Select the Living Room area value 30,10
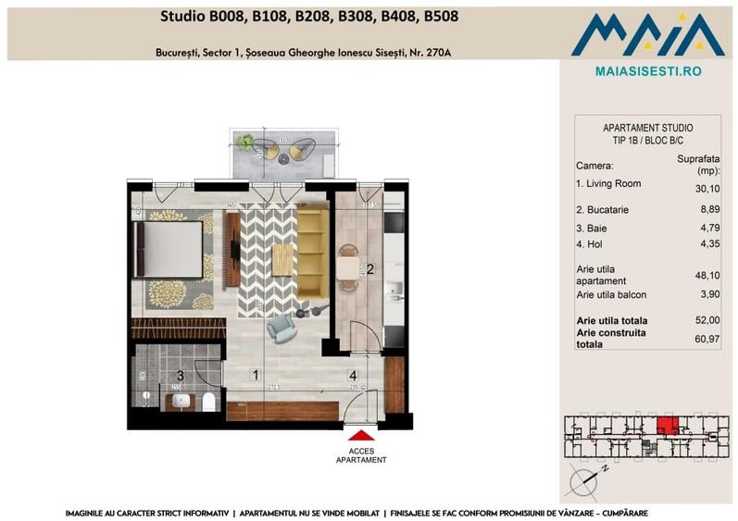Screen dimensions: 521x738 coord(707,189)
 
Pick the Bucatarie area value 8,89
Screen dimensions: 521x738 coord(708,210)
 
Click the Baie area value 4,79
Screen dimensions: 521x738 coord(708,229)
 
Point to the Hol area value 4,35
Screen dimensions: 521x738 coord(708,247)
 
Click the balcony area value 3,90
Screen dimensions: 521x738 coord(708,295)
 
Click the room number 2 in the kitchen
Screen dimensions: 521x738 coord(369,270)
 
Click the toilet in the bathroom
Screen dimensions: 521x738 coord(208,401)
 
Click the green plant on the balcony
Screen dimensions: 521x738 coord(245,143)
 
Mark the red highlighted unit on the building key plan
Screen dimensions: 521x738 coord(666,427)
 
